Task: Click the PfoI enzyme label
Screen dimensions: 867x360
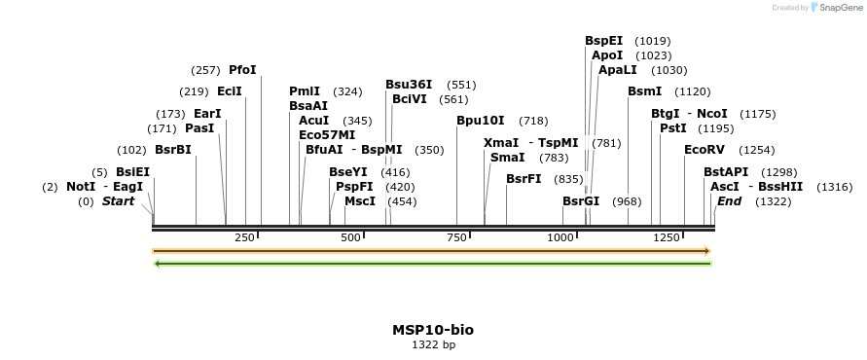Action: click(x=242, y=70)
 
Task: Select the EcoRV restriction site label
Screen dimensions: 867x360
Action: click(x=704, y=150)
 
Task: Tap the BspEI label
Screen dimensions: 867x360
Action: click(x=603, y=41)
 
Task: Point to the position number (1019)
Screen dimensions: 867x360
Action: click(x=652, y=41)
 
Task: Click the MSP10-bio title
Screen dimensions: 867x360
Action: click(x=433, y=330)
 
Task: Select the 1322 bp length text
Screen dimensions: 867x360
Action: click(x=433, y=344)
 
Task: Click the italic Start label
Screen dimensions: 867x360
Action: click(x=118, y=201)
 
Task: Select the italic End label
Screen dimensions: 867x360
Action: click(x=729, y=201)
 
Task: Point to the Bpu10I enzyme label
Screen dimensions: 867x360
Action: click(x=481, y=121)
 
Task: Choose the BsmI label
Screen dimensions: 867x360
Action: click(x=644, y=90)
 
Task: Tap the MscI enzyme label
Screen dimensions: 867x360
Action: click(x=360, y=201)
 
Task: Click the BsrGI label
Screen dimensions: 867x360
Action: click(x=581, y=201)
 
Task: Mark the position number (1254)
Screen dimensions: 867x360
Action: click(x=758, y=150)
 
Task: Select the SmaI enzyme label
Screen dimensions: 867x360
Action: click(x=507, y=157)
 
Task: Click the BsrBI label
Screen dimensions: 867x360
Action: click(x=173, y=150)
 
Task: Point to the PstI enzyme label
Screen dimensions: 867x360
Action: click(x=673, y=128)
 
